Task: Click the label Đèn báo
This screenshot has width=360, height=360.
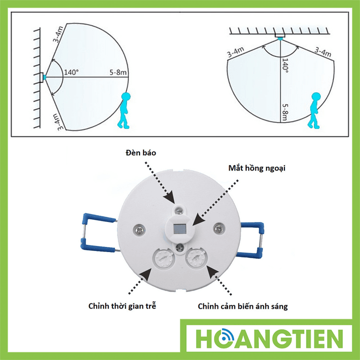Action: click(140, 153)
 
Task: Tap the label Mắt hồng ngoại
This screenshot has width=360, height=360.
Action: click(256, 168)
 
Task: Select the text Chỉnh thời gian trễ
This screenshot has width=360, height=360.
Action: click(122, 306)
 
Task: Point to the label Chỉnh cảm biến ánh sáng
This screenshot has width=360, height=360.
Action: click(242, 306)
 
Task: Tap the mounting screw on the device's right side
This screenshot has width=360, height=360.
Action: click(217, 228)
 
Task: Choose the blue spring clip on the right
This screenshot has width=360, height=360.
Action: click(250, 240)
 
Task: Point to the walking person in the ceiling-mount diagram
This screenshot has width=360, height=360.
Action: click(314, 110)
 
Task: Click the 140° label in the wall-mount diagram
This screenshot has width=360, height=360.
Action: click(71, 72)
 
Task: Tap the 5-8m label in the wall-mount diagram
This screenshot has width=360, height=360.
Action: click(118, 72)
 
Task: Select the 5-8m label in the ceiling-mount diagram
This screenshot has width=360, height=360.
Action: click(284, 112)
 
